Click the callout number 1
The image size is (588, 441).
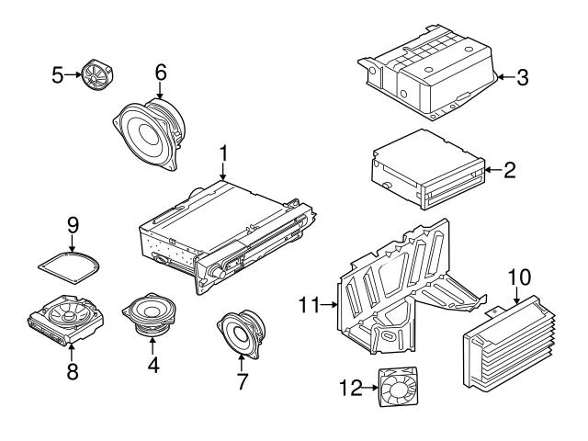coord(222,152)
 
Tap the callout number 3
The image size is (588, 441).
coord(522,78)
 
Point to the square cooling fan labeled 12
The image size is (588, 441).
coord(399,388)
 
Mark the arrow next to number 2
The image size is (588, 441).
coord(491,170)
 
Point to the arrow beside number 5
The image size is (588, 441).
coord(77,73)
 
